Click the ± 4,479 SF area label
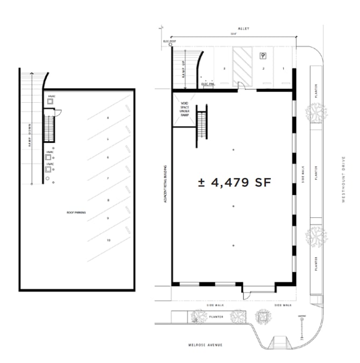coord(234,183)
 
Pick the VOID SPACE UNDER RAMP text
coord(184,109)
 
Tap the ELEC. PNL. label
coord(208,84)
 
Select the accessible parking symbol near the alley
coord(263,55)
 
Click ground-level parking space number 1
coord(283,69)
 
